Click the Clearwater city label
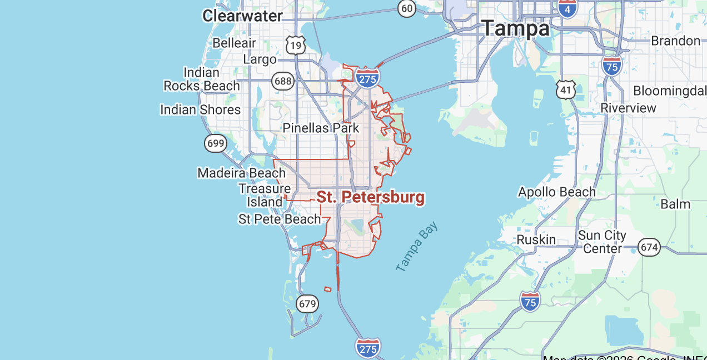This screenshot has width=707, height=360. pyautogui.click(x=242, y=16)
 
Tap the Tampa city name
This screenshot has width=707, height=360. pyautogui.click(x=515, y=28)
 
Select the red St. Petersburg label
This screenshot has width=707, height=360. pyautogui.click(x=370, y=197)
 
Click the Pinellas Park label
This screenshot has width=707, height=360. pyautogui.click(x=321, y=128)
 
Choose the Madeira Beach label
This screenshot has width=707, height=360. pyautogui.click(x=241, y=173)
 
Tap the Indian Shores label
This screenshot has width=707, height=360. pyautogui.click(x=200, y=109)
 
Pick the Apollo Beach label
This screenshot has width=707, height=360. pyautogui.click(x=556, y=192)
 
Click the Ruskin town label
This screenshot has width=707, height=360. pyautogui.click(x=536, y=239)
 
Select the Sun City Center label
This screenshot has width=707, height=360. pyautogui.click(x=602, y=242)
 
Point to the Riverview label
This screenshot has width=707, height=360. pyautogui.click(x=629, y=108)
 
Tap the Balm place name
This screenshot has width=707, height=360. pyautogui.click(x=675, y=204)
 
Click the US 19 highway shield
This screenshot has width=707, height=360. pyautogui.click(x=296, y=44)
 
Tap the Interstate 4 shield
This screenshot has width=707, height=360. pyautogui.click(x=567, y=8)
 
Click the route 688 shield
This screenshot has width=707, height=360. pyautogui.click(x=283, y=82)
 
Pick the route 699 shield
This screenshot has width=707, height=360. pyautogui.click(x=215, y=143)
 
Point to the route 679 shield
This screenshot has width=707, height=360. pyautogui.click(x=307, y=304)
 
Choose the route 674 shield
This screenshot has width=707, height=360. pyautogui.click(x=649, y=247)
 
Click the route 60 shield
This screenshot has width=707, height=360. pyautogui.click(x=407, y=8)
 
